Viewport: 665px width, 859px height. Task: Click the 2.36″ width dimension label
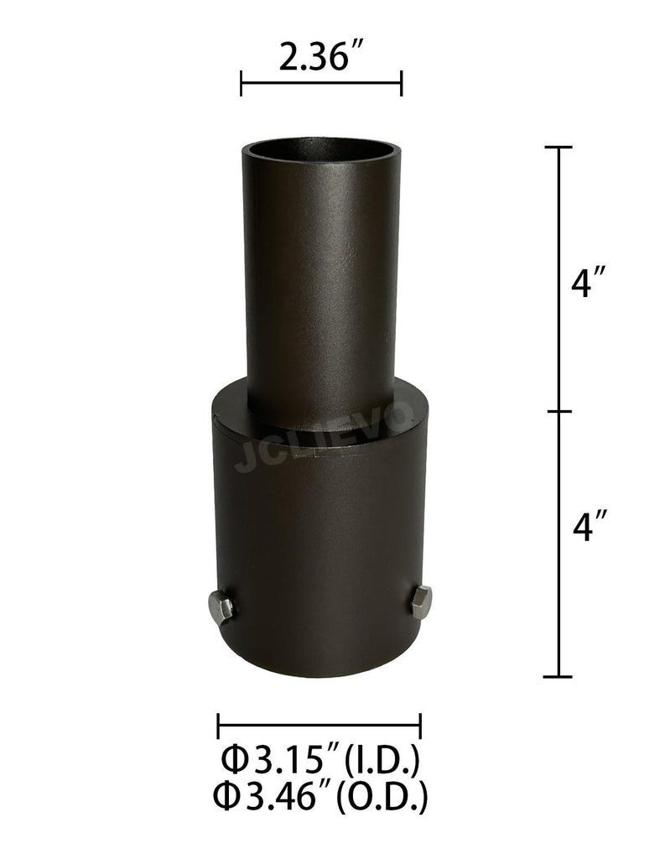click(320, 60)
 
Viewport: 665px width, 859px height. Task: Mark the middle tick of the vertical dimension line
click(558, 412)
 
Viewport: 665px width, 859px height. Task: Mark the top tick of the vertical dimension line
click(558, 148)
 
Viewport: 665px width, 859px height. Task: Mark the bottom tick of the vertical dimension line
click(558, 676)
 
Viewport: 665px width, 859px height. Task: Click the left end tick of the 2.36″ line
click(242, 84)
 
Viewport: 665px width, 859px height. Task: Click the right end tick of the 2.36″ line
click(402, 84)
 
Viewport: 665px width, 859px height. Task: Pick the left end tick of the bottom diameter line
click(218, 726)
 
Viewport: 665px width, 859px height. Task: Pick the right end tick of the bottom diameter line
click(420, 726)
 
